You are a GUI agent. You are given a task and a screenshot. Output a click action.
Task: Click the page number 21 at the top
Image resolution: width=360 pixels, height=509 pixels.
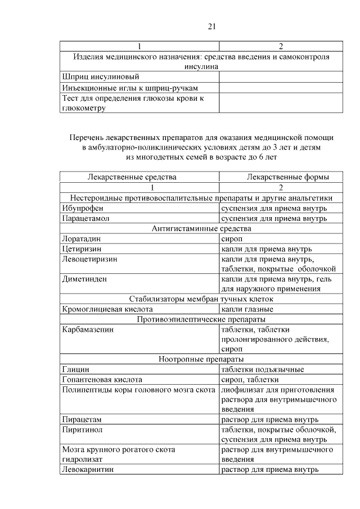tap(212, 26)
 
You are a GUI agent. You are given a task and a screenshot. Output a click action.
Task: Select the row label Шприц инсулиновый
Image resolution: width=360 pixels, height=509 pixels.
tap(101, 76)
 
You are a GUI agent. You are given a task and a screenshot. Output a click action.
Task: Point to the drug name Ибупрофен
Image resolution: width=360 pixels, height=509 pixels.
tap(82, 208)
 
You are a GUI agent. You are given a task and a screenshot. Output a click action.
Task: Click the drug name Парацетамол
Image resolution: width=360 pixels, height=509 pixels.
tap(85, 218)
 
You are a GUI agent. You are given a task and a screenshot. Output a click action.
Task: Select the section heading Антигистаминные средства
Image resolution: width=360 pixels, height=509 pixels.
tap(201, 228)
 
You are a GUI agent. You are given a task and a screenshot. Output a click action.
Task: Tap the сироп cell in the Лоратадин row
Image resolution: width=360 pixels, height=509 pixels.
tap(232, 238)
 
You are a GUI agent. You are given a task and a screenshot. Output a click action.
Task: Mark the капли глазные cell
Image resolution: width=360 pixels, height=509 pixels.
tap(247, 309)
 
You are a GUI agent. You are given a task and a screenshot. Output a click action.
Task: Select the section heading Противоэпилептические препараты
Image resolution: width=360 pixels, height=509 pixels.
tap(201, 319)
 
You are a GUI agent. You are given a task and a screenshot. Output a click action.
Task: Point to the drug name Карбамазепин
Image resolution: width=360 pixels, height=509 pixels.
tap(88, 329)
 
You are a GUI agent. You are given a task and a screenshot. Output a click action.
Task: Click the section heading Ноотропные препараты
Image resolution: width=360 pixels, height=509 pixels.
tap(201, 359)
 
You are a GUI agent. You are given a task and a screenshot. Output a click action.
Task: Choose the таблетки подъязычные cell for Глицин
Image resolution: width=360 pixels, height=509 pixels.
tap(263, 369)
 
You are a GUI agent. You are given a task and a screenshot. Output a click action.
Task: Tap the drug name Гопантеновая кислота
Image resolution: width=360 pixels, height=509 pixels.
tap(102, 379)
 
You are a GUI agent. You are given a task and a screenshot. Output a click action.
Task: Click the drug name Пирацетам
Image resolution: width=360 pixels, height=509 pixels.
tap(83, 419)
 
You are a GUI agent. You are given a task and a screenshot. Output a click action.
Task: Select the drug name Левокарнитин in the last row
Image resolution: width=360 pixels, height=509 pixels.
tap(88, 469)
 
